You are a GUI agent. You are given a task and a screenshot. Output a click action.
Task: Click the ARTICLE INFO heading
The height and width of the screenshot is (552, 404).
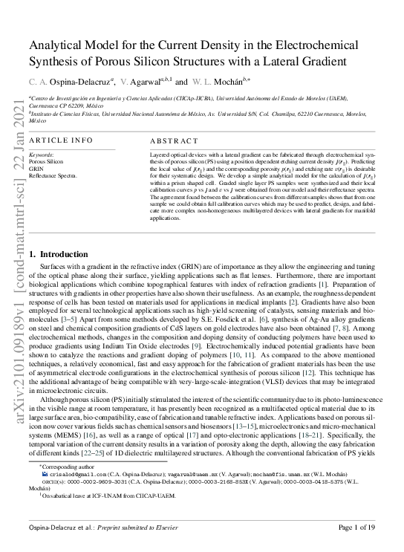[x=62, y=140]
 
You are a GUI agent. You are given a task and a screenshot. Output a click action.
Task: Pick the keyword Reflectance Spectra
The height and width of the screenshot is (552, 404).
[x=53, y=174]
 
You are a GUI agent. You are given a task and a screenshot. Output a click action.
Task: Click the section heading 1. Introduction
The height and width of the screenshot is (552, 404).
[x=58, y=255]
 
